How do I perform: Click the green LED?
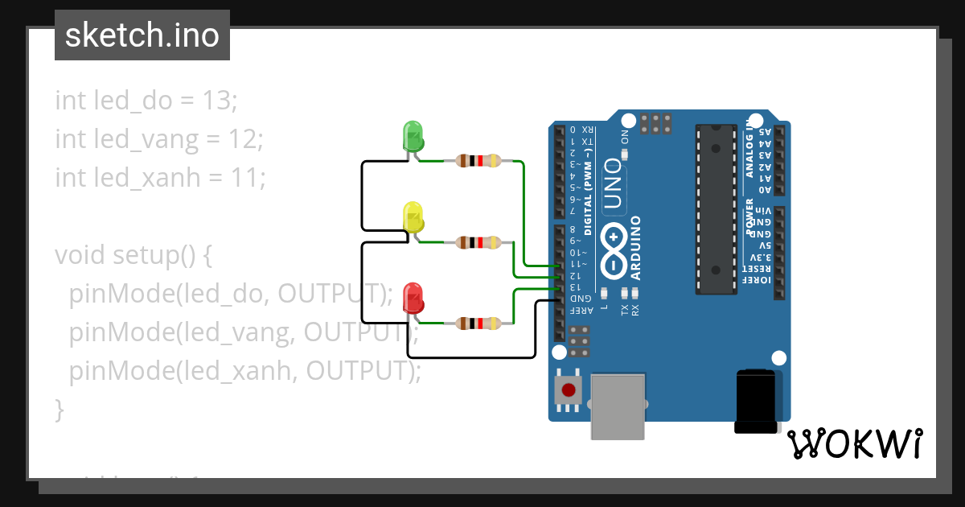[x=413, y=134]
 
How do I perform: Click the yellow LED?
[x=413, y=217]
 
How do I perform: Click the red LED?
[x=413, y=297]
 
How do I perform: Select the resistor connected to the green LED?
[x=478, y=161]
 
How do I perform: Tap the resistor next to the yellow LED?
[x=478, y=242]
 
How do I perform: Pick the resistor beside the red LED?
[x=478, y=324]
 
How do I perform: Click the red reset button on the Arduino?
[x=569, y=391]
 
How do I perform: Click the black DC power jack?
[x=756, y=401]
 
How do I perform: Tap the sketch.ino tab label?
[x=142, y=35]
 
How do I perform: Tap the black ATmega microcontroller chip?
[x=716, y=209]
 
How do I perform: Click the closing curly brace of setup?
[x=59, y=408]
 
